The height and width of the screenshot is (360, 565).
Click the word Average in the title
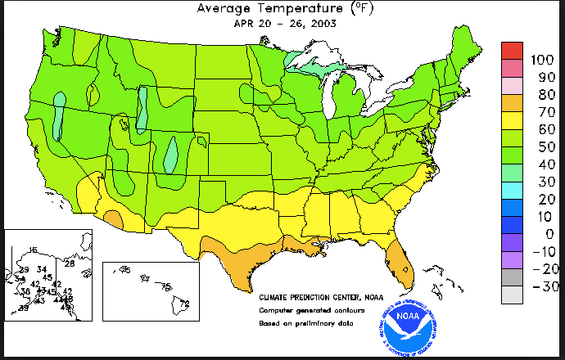point(228,9)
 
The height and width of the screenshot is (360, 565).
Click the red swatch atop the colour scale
point(513,51)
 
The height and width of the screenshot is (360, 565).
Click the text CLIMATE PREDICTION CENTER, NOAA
point(321,297)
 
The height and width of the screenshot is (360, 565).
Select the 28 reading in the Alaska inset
point(70,263)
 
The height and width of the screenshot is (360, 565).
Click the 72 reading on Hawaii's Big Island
point(184,303)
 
